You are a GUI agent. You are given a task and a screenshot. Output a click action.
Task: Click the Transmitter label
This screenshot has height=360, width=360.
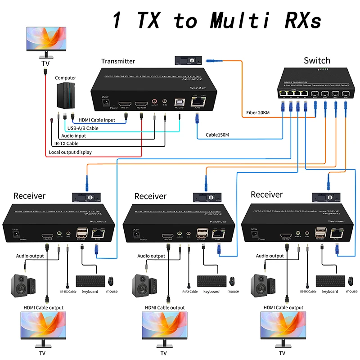[118, 61]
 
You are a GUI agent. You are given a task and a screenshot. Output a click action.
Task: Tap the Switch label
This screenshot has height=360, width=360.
[317, 60]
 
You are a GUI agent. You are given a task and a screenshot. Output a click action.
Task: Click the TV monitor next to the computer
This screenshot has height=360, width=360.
[45, 43]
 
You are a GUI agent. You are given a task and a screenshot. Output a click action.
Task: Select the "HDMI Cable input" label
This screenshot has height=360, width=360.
[97, 120]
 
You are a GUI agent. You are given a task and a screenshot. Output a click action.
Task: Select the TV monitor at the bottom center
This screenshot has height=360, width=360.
[164, 328]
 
